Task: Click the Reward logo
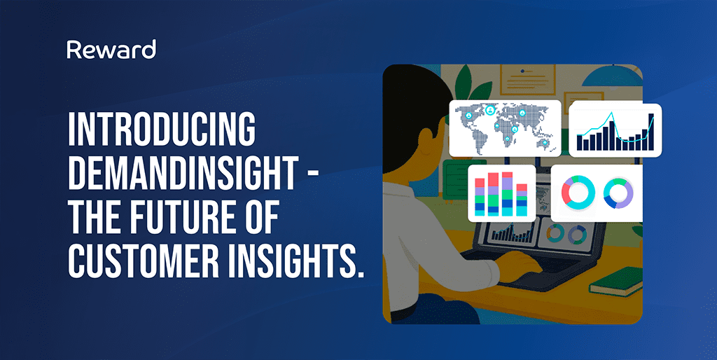tap(111, 50)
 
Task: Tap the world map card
tap(505, 127)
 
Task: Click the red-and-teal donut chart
tap(578, 192)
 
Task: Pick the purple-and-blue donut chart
tap(618, 192)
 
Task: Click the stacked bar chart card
tap(501, 192)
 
